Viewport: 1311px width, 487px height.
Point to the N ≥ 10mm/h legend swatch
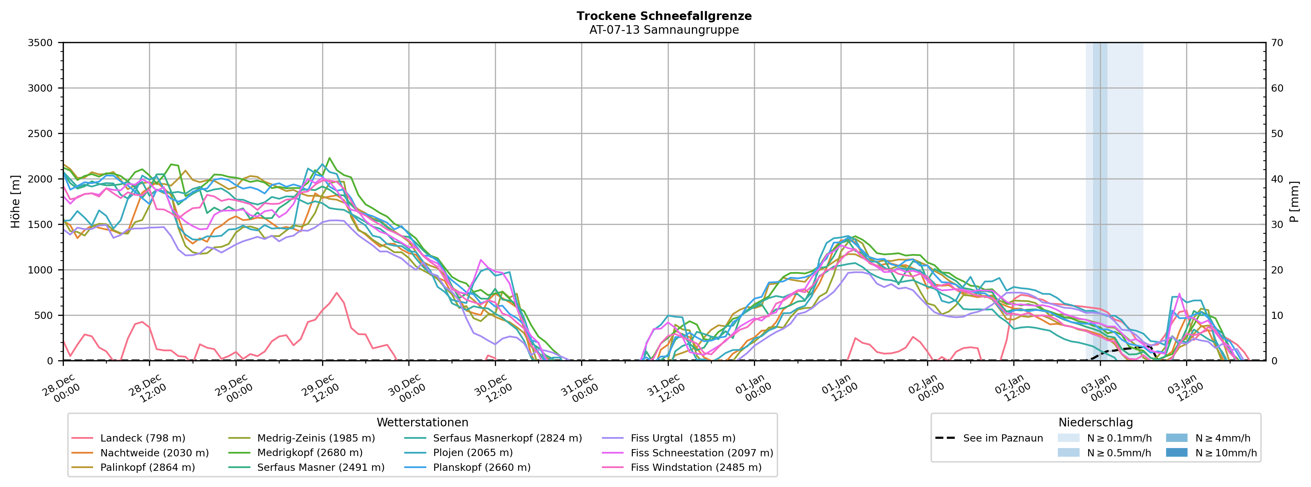coord(1176,453)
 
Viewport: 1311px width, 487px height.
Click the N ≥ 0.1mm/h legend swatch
coord(1068,438)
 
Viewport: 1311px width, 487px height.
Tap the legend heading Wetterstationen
coord(423,423)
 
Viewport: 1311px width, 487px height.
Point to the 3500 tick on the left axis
coord(40,43)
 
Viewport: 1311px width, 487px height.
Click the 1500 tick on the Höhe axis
coord(40,225)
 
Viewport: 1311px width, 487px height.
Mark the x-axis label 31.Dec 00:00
coord(579,389)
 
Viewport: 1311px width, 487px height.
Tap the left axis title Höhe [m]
coord(15,202)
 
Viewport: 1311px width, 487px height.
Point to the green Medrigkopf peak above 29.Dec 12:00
coord(329,158)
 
